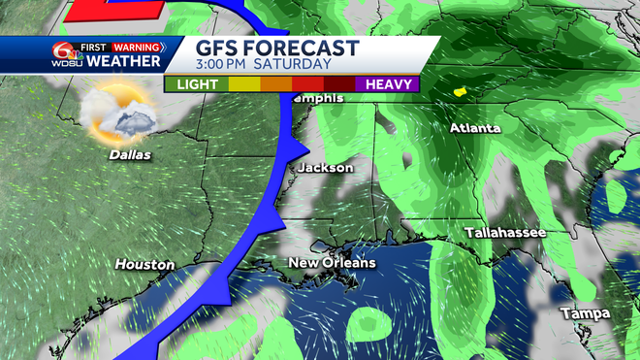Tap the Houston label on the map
[144, 264]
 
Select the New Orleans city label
[332, 263]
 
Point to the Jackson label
[325, 168]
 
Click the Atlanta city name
[475, 128]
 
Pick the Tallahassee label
[504, 233]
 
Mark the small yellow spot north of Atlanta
[461, 93]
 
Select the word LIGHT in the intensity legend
[196, 84]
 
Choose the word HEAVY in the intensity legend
[386, 84]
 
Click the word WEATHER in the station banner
[123, 62]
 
